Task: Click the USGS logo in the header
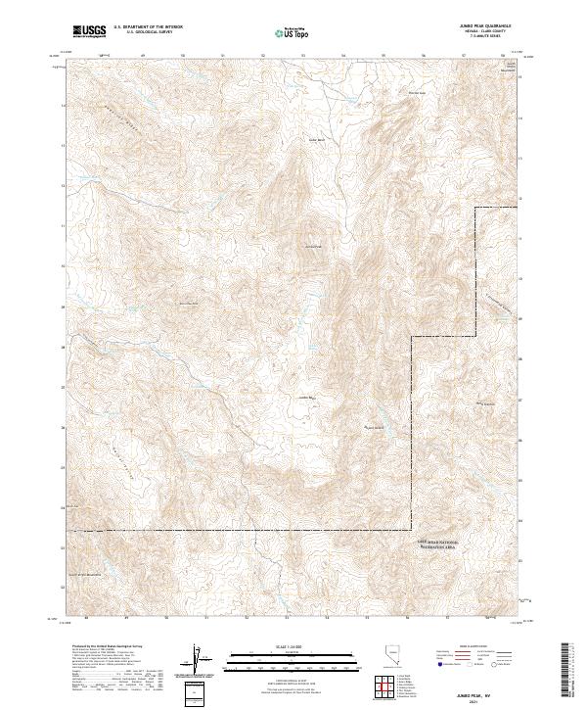point(90,31)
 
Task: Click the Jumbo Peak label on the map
point(313,246)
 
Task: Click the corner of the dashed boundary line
point(412,336)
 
